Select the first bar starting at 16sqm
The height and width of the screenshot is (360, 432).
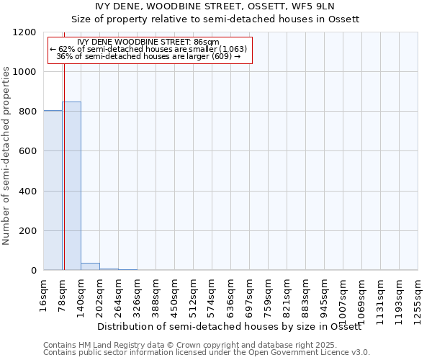53,190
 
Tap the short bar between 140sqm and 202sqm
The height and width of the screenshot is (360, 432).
90,266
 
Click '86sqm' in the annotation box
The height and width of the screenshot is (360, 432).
207,42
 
